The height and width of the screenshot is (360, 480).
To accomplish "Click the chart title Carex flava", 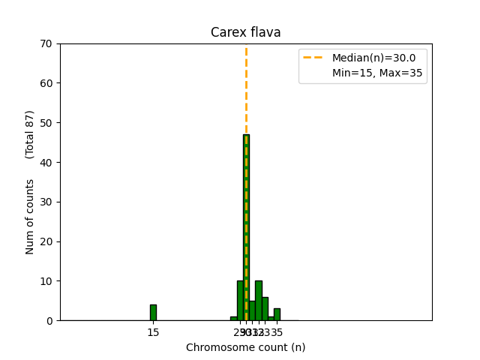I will pyautogui.click(x=246, y=32).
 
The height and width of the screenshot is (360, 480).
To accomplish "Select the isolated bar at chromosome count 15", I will pyautogui.click(x=153, y=313).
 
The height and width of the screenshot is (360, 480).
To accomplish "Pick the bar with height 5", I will pyautogui.click(x=252, y=311).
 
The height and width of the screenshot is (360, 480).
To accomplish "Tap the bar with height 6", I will pyautogui.click(x=265, y=309).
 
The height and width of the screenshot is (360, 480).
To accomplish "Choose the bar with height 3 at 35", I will pyautogui.click(x=277, y=315).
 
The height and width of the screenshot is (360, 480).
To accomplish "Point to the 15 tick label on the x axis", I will pyautogui.click(x=153, y=332).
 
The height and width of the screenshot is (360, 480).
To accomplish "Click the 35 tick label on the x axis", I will pyautogui.click(x=277, y=332).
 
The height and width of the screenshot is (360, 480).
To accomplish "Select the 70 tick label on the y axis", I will pyautogui.click(x=46, y=43).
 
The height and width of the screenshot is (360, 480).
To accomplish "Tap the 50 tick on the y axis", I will pyautogui.click(x=46, y=123).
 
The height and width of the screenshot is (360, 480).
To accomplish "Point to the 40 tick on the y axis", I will pyautogui.click(x=46, y=163).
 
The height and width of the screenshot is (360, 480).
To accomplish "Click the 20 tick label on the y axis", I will pyautogui.click(x=46, y=241).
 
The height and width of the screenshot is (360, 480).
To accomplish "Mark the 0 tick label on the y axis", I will pyautogui.click(x=49, y=321).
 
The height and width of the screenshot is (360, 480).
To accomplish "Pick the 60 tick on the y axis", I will pyautogui.click(x=46, y=83).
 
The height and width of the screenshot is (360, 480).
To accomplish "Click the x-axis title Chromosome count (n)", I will pyautogui.click(x=246, y=347).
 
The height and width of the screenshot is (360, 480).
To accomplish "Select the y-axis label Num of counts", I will pyautogui.click(x=30, y=217).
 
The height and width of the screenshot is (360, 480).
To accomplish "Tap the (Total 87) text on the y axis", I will pyautogui.click(x=30, y=134).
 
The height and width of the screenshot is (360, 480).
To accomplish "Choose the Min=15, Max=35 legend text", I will pyautogui.click(x=377, y=73).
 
